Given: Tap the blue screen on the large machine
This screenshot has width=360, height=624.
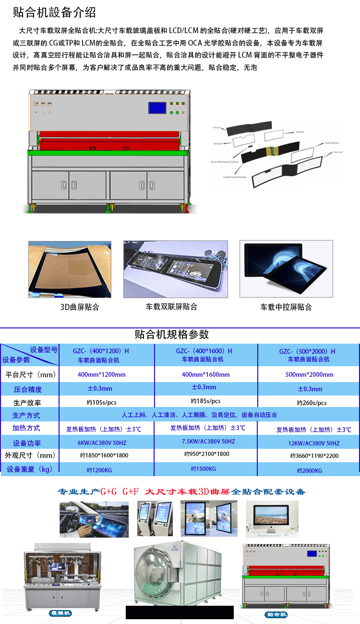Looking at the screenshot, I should pos(156,107).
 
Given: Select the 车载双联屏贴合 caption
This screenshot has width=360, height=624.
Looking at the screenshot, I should pos(171,307).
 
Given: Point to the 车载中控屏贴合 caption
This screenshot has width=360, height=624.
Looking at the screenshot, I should pos(286,307).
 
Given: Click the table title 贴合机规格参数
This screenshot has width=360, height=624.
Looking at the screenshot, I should pos(172,335).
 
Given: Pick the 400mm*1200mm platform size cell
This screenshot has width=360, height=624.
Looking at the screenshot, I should pos(101,374).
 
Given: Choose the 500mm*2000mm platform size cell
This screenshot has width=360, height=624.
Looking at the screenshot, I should pos(309,374).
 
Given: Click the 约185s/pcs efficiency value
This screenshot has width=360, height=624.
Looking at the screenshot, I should pos(205,401).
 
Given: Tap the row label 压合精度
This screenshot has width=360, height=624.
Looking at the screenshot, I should pos(28,389).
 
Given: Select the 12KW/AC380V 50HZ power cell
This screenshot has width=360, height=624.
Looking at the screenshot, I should pos(309,444).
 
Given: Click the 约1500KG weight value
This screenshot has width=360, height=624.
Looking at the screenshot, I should pos(203,469).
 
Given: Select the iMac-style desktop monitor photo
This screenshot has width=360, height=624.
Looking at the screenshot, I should pos(272,518).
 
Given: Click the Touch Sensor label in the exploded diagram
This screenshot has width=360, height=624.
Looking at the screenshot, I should pos(332,143).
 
